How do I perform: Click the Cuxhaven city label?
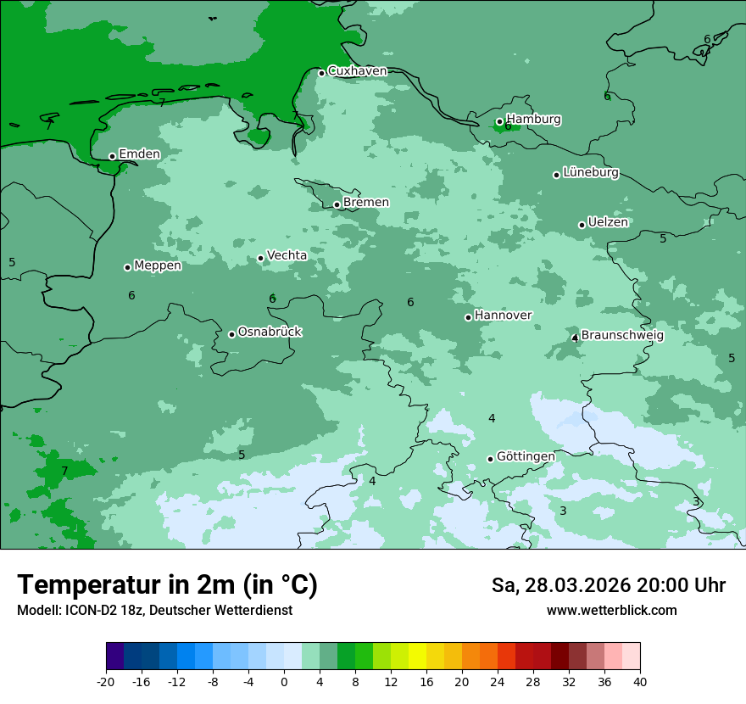(357, 71)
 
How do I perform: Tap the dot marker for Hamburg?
(499, 121)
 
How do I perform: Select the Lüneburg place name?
(591, 173)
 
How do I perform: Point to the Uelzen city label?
(608, 223)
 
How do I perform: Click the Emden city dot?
(112, 156)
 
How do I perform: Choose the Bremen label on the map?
(365, 203)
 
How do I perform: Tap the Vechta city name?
(287, 255)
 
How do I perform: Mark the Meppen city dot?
(127, 267)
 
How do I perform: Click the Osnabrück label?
(270, 332)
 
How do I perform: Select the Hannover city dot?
(468, 317)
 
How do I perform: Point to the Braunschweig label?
(622, 336)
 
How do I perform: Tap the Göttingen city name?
(526, 456)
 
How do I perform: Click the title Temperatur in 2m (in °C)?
(168, 585)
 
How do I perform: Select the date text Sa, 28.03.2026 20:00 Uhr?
(608, 585)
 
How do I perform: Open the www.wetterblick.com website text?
(611, 611)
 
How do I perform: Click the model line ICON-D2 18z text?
(154, 611)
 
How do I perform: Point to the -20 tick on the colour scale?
(106, 682)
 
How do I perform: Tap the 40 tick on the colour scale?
(639, 682)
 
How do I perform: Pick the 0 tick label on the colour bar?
(284, 682)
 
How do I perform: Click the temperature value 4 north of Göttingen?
(492, 418)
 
